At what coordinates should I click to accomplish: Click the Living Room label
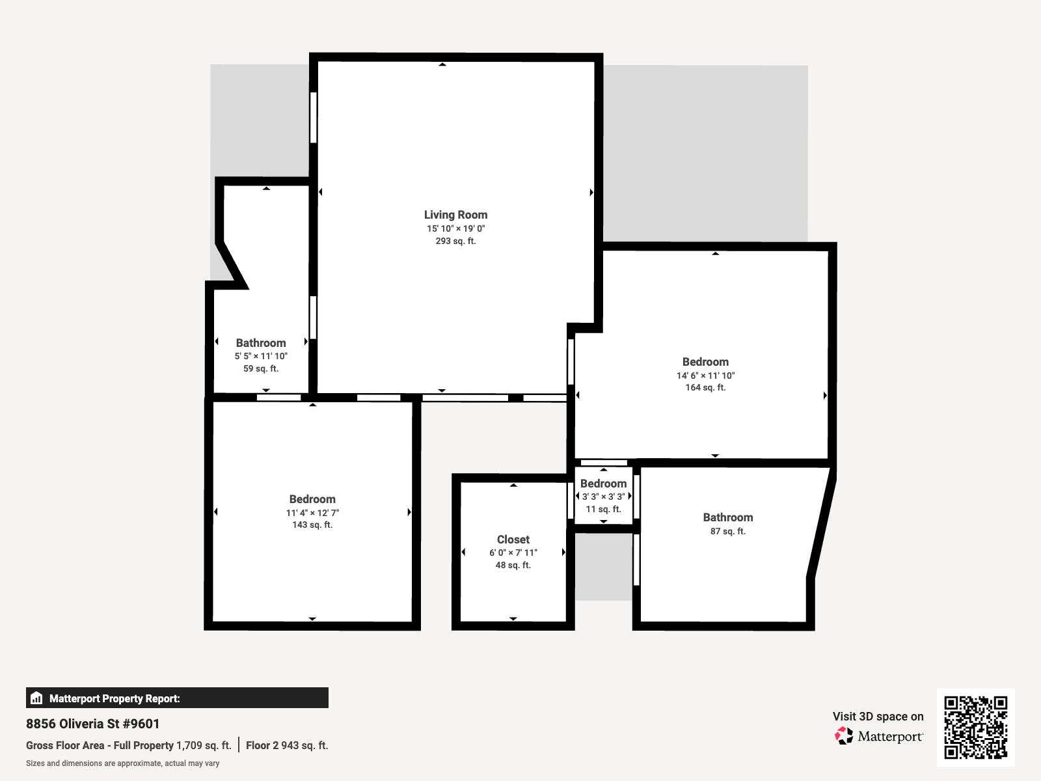[455, 215]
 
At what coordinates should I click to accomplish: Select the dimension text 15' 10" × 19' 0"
[455, 228]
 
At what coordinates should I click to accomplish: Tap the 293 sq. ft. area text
[455, 241]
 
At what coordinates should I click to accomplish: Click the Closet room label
[513, 540]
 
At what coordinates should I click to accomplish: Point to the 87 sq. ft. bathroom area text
[727, 531]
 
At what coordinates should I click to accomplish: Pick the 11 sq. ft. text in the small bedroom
[603, 509]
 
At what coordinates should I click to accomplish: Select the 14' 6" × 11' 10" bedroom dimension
[705, 376]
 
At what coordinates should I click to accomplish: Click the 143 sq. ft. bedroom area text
[312, 525]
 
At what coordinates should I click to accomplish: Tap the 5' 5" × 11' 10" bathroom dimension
[261, 356]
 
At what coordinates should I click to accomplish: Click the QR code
[975, 727]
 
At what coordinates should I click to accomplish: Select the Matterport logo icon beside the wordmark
[844, 736]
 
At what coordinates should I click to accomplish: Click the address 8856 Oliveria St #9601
[92, 724]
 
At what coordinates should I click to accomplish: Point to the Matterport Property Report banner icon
[36, 698]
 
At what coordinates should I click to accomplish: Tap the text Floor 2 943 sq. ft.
[287, 745]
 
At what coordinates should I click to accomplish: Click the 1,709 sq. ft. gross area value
[204, 745]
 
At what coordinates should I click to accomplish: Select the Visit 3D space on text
[878, 716]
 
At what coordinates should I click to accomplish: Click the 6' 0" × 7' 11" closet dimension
[513, 553]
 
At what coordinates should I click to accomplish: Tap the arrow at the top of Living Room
[442, 64]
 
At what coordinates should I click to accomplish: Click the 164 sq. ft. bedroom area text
[705, 387]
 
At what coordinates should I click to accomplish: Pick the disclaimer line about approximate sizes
[122, 763]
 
